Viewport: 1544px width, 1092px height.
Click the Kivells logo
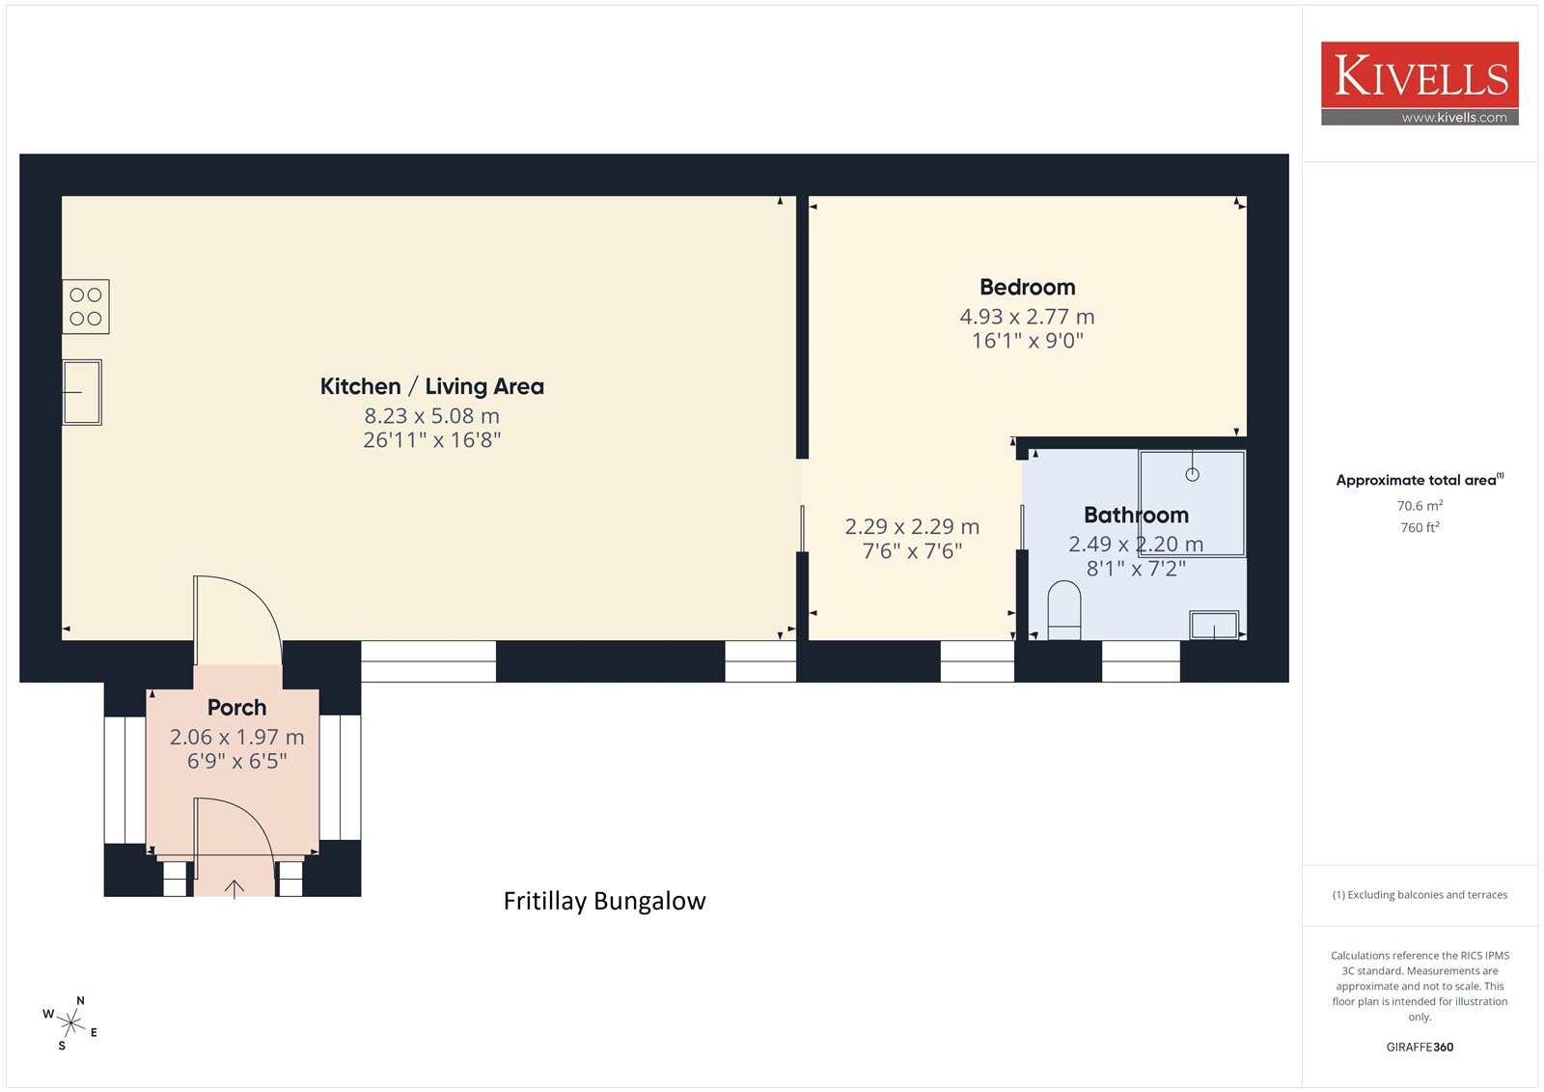click(x=1420, y=83)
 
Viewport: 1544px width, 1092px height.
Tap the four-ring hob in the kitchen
click(x=86, y=306)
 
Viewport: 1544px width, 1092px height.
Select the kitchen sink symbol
click(x=82, y=392)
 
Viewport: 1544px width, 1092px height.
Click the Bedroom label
click(x=1027, y=287)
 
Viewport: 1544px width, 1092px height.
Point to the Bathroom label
click(x=1136, y=515)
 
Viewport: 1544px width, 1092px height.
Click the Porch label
click(x=236, y=707)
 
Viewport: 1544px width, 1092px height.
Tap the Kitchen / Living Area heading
click(x=431, y=386)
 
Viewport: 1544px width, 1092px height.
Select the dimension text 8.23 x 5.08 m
click(x=431, y=416)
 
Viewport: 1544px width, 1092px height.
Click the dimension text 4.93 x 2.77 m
click(x=1027, y=317)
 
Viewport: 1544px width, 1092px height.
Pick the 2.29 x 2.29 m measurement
click(x=912, y=527)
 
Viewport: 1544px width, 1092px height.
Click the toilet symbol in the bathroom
click(x=1063, y=610)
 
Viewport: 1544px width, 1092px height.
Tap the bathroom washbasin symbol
click(x=1214, y=625)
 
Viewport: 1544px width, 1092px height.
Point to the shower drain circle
click(x=1193, y=475)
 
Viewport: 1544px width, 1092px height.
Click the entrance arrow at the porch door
click(x=234, y=888)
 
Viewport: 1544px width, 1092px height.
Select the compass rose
click(x=70, y=1022)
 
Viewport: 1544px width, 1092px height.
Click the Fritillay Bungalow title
click(x=604, y=901)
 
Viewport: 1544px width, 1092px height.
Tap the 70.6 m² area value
click(x=1420, y=506)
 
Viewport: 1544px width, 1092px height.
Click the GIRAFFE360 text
click(x=1420, y=1047)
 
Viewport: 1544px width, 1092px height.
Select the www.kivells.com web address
click(x=1454, y=117)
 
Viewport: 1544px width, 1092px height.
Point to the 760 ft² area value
click(x=1420, y=527)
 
